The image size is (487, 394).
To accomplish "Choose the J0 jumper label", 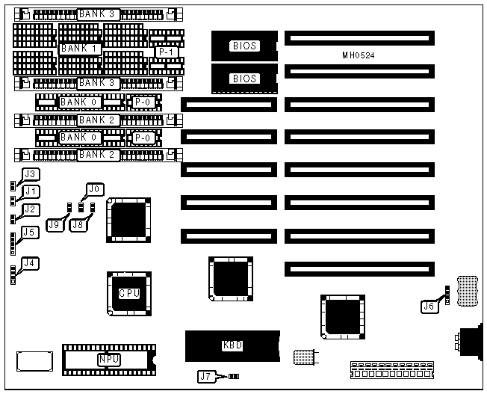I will coord(96,189).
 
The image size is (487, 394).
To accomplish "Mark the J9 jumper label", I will coord(55,224).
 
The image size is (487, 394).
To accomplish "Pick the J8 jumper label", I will coord(77,224).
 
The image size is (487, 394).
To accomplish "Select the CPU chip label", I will coord(129,293).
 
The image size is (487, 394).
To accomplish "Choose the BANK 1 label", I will coord(81,49).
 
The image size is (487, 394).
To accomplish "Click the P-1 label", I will coord(166,53).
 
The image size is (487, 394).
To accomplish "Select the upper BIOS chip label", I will coord(244,46).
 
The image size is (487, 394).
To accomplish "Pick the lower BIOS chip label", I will coord(244,79).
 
